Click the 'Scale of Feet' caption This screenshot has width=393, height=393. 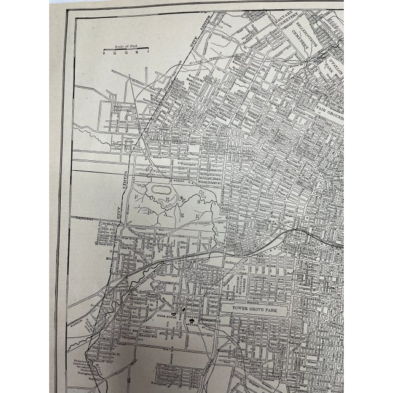(122, 47)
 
